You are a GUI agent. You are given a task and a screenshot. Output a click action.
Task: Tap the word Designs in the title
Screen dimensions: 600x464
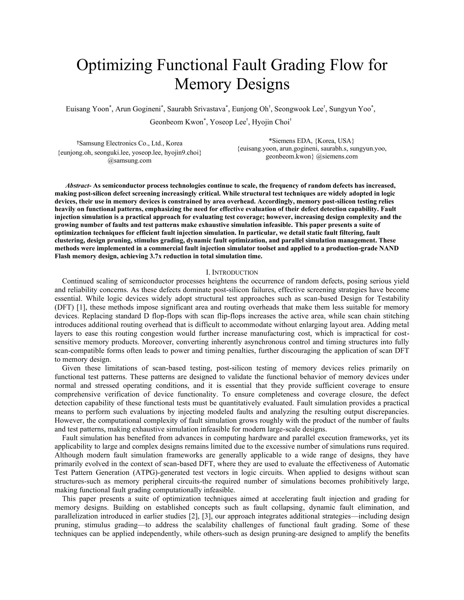tap(263, 84)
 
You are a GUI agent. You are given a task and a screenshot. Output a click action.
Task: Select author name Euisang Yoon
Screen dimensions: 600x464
tap(87, 109)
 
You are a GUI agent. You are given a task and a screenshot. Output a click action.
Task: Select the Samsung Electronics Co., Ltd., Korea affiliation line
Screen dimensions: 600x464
tap(130, 143)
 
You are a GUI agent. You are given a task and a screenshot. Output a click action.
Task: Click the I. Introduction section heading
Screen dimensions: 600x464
tap(232, 272)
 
